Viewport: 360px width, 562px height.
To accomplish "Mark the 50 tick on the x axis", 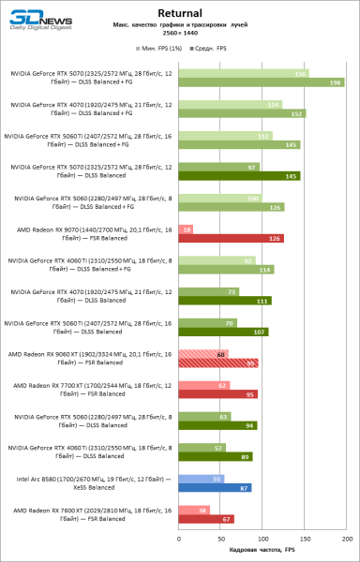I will click(219, 540).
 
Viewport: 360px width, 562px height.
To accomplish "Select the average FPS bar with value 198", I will click(261, 82).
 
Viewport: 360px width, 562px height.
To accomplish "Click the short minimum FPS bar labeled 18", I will click(185, 229).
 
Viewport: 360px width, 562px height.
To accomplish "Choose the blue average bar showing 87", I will click(214, 488).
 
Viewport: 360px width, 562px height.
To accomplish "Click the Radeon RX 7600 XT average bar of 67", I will click(205, 519).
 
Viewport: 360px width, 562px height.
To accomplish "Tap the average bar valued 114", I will click(225, 270).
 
